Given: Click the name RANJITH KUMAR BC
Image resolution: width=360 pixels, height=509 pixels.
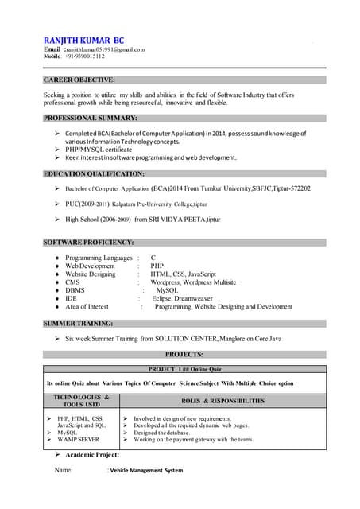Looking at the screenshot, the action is click(83, 40).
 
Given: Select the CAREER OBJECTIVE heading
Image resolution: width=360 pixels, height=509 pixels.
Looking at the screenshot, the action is click(79, 80).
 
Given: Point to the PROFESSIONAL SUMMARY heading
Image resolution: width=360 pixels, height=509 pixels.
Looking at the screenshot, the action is click(90, 117).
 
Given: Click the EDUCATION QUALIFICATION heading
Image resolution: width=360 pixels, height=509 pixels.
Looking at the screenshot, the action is click(94, 173).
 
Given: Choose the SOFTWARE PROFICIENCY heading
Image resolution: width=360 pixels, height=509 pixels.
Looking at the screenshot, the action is click(88, 242).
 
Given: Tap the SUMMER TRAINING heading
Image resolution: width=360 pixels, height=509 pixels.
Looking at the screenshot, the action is click(78, 324).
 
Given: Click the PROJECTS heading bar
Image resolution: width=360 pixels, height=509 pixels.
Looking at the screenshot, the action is click(184, 354).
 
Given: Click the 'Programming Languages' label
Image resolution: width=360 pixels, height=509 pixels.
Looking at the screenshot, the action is click(99, 258).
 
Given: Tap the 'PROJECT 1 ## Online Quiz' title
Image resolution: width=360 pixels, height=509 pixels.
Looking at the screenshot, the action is click(184, 370).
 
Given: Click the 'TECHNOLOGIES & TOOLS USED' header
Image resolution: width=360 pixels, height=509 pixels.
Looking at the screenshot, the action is click(81, 401).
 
